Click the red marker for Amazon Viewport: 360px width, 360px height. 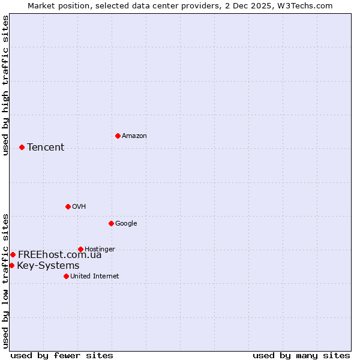click(118, 136)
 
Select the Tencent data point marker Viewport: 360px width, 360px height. click(22, 147)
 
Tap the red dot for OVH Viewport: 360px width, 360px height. click(68, 206)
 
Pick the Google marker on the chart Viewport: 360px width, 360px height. click(111, 223)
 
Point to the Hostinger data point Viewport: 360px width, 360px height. click(80, 249)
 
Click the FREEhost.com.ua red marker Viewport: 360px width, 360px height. click(13, 254)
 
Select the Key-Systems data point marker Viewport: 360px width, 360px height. click(11, 265)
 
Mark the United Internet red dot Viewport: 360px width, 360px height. click(66, 276)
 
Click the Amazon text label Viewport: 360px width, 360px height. click(134, 136)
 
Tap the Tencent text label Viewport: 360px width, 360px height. click(46, 148)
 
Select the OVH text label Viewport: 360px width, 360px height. click(79, 207)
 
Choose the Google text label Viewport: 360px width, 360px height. click(126, 224)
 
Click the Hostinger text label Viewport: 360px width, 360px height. click(100, 250)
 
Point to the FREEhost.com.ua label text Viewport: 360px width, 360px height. click(60, 255)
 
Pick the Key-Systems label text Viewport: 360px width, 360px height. click(48, 266)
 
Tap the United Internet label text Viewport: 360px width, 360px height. click(94, 277)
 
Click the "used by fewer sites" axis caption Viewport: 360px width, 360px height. click(62, 355)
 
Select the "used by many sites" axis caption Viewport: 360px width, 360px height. click(301, 355)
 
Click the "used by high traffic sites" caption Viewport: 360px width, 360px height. click(6, 85)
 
